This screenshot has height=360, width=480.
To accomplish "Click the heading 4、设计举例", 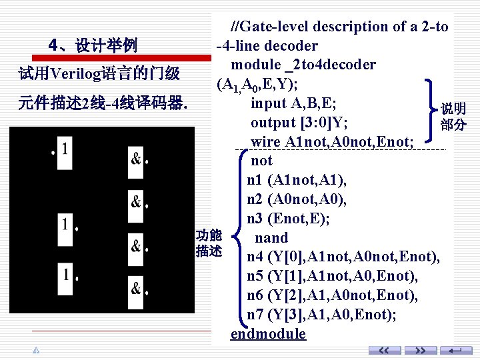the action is [93, 45].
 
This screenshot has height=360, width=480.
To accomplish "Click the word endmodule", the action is [268, 334].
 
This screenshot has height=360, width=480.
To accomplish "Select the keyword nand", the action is [271, 238].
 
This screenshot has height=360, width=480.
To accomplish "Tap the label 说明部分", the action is [453, 117].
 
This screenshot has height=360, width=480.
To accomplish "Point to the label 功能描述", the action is [209, 243].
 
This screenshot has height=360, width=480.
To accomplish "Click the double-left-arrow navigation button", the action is [385, 351].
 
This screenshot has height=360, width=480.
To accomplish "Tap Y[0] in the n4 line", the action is [287, 257].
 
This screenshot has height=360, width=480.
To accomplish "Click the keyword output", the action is [273, 123].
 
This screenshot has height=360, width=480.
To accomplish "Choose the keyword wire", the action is [265, 142].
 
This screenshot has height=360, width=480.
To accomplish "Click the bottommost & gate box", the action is [136, 288].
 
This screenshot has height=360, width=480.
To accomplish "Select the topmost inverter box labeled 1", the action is [64, 148].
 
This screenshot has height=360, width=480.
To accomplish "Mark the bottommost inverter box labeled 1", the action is [65, 274].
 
